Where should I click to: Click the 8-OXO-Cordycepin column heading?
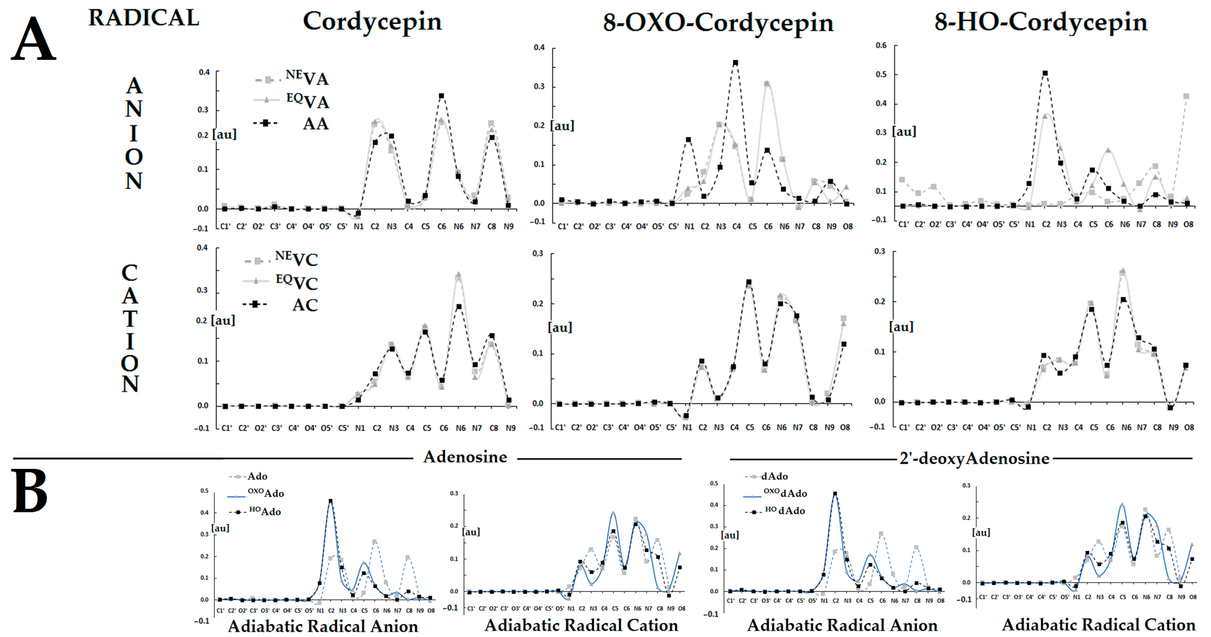point(718,22)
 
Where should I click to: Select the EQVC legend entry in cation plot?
point(296,282)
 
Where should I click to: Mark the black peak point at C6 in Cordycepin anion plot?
point(441,96)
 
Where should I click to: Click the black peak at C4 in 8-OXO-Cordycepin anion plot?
point(735,62)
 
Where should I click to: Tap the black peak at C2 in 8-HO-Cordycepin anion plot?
point(1045,73)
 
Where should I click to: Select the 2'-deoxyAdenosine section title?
point(974,458)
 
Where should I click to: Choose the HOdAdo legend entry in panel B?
point(785,511)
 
